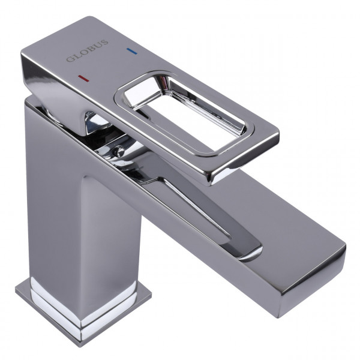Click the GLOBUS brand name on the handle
pos(87,52)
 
